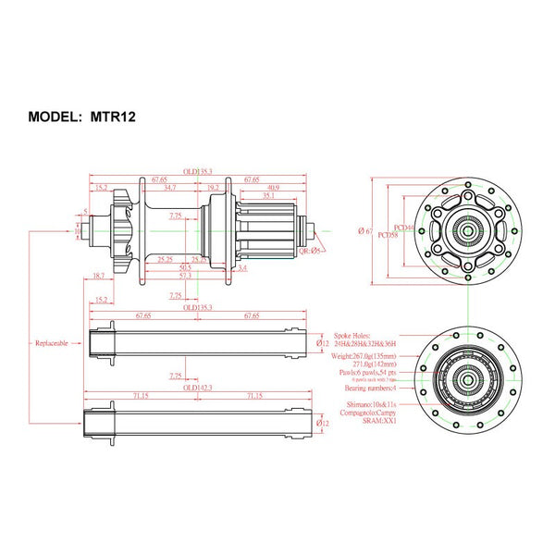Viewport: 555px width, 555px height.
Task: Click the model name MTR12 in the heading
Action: pos(117,117)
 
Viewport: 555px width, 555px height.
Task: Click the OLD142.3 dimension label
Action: pos(197,388)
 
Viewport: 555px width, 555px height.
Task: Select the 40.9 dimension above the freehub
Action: pos(273,188)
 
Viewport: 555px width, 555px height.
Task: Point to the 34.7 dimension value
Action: pos(169,188)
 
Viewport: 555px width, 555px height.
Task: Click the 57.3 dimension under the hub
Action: pos(185,276)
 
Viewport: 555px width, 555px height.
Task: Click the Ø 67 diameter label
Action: pos(365,230)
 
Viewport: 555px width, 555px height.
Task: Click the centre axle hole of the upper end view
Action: pos(469,231)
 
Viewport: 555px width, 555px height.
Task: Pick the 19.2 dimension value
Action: pos(214,188)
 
